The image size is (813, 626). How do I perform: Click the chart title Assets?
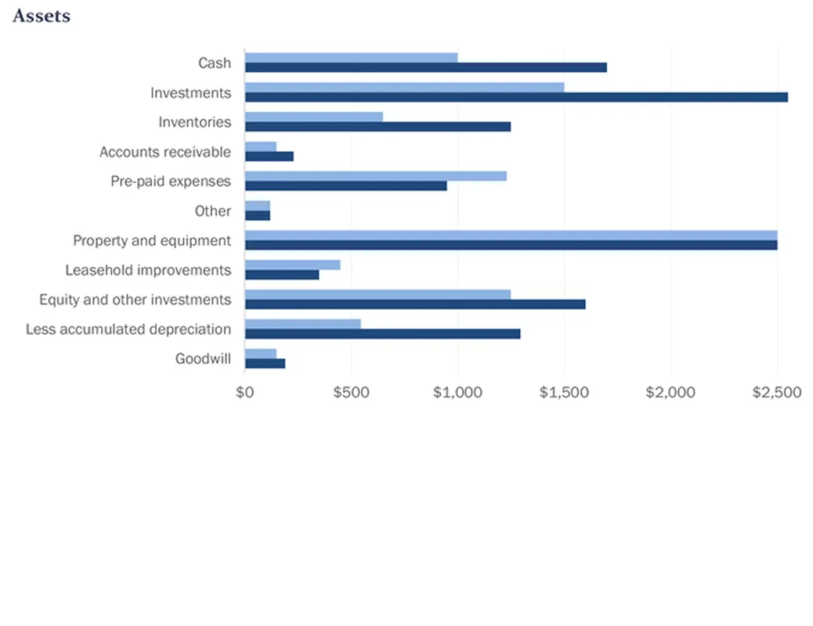(42, 16)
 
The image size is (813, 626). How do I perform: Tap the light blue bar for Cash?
(351, 57)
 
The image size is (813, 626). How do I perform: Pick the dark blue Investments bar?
(516, 97)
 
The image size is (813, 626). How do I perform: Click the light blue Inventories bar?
(313, 117)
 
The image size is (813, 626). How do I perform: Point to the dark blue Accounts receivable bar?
(269, 156)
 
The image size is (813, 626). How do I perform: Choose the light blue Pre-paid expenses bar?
(375, 176)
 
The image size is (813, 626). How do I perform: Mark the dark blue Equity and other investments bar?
(414, 304)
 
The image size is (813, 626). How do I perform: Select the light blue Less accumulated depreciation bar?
(302, 324)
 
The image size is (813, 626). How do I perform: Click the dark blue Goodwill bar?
(265, 363)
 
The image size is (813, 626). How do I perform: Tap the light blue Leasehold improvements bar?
(292, 264)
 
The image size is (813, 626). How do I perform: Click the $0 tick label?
(245, 392)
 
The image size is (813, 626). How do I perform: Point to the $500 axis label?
(351, 392)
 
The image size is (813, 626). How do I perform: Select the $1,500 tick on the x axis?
(564, 392)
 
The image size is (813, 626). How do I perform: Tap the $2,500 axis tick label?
(777, 392)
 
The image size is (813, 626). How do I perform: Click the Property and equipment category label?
(152, 240)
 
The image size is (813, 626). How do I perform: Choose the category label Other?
(213, 211)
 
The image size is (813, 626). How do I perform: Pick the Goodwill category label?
(203, 359)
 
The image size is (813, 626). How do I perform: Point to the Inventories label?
(195, 122)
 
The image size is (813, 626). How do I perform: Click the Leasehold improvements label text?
(148, 270)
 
